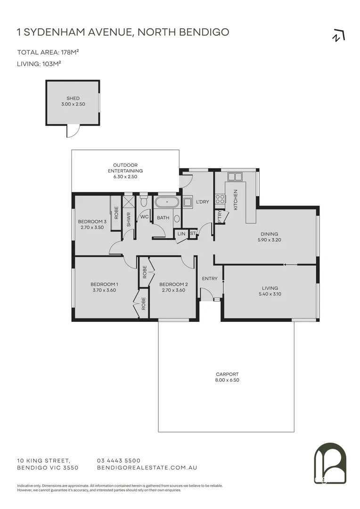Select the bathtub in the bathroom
click(x=166, y=204)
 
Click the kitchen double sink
click(x=234, y=177)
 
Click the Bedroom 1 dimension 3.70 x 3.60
click(x=104, y=290)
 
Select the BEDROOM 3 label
click(x=92, y=222)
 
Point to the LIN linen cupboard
click(x=181, y=234)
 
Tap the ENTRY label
click(x=210, y=279)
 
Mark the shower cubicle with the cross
click(x=128, y=201)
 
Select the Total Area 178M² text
click(x=48, y=52)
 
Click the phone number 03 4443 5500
click(x=118, y=460)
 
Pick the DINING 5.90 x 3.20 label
click(x=269, y=237)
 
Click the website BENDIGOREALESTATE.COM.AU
click(x=147, y=468)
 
